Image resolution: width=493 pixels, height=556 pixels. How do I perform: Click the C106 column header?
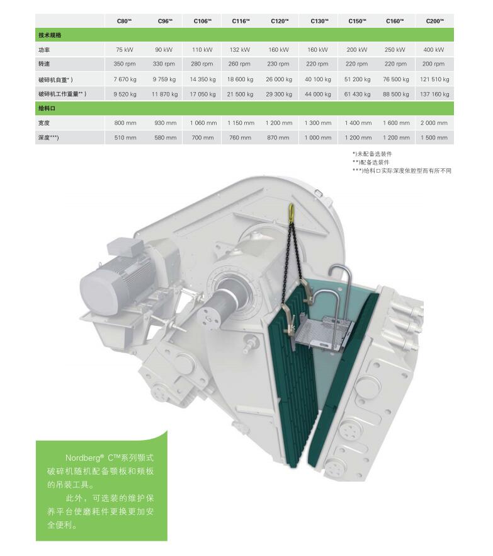tap(202, 21)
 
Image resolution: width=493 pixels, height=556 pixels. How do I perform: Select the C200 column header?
tap(434, 21)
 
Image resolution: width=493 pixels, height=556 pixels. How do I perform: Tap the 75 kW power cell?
tap(124, 50)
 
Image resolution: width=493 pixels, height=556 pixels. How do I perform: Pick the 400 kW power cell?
tap(433, 50)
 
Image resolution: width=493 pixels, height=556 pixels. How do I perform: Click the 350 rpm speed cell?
tap(124, 64)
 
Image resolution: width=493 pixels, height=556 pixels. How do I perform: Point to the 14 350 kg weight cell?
tap(203, 79)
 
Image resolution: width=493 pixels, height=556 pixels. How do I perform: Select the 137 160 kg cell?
tap(434, 95)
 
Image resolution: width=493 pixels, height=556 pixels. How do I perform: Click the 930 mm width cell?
tap(166, 123)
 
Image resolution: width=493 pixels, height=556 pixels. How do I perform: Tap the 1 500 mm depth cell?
tap(434, 137)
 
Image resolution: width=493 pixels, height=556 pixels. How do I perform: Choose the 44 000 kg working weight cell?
tap(318, 95)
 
